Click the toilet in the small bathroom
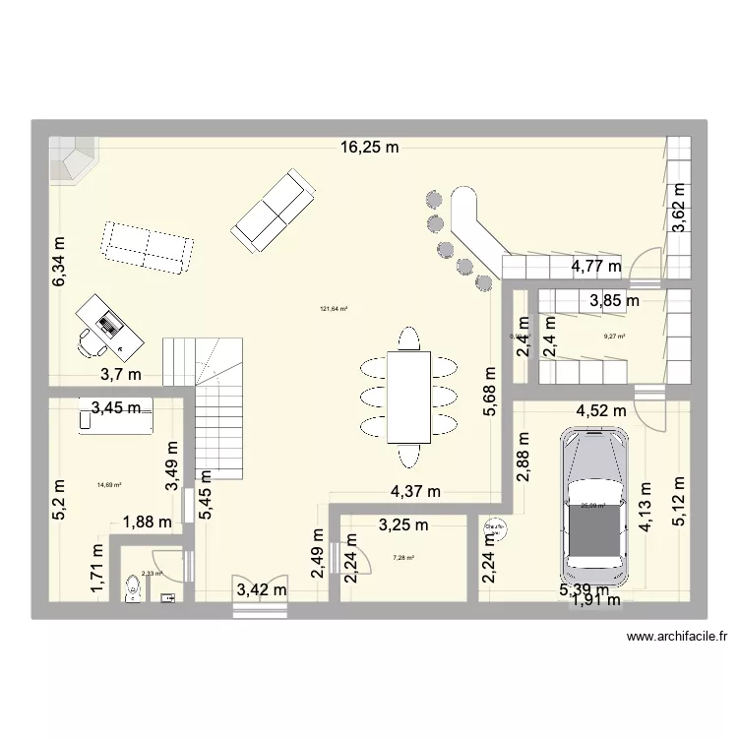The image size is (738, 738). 135,588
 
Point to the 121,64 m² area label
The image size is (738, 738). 334,309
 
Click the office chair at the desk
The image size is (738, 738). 90,340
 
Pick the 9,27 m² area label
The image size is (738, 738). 615,337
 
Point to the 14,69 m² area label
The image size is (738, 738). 108,483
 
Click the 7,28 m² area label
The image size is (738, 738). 403,558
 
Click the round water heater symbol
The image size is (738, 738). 492,530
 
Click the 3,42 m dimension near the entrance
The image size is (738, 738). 262,590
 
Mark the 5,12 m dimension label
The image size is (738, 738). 678,502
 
